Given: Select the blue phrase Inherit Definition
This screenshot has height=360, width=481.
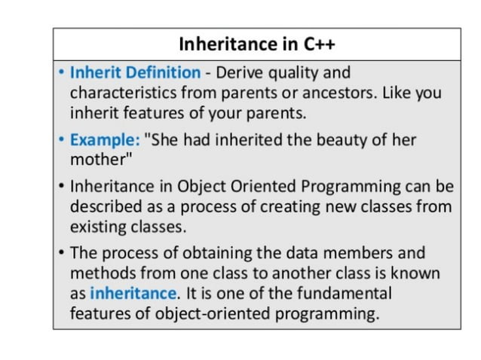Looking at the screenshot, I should coord(135,73).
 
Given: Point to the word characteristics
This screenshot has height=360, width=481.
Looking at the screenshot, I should coord(123,93).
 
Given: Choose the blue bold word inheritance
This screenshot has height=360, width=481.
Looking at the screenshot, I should coord(133,292).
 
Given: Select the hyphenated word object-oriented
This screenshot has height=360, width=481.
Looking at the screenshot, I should coord(220,312).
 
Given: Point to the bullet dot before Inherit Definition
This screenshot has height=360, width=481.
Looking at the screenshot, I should coord(61,73).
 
